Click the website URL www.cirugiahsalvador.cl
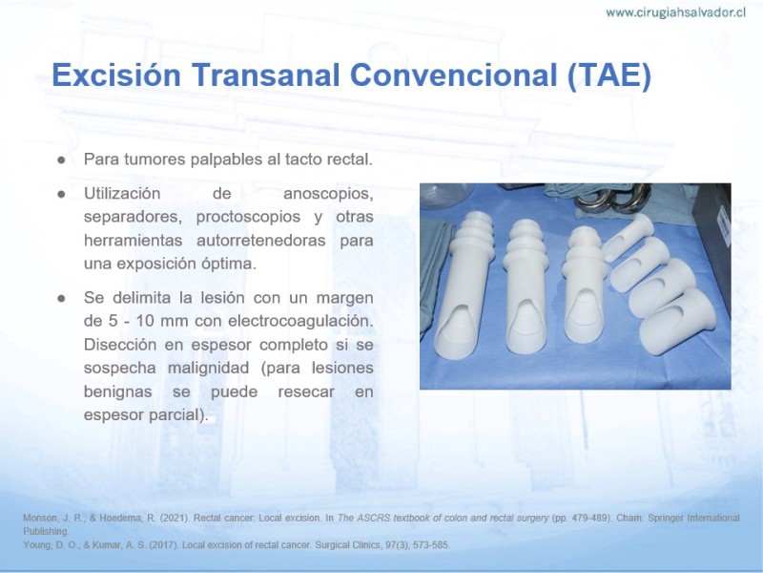click(x=675, y=12)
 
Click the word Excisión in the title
click(x=116, y=75)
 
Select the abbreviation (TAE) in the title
click(x=609, y=76)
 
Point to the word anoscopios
click(x=328, y=194)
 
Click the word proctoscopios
click(x=248, y=217)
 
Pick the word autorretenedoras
click(x=260, y=241)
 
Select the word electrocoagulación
click(x=300, y=321)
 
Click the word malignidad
click(x=208, y=368)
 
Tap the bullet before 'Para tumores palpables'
click(x=61, y=159)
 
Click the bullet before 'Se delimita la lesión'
click(x=61, y=298)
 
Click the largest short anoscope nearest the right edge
click(x=676, y=322)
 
